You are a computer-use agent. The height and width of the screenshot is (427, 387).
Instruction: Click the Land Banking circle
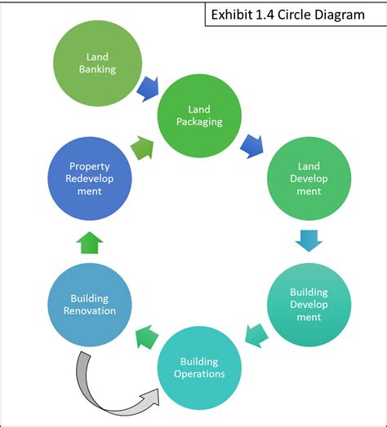(x=96, y=64)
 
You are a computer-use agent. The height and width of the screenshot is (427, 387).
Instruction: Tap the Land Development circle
(x=309, y=180)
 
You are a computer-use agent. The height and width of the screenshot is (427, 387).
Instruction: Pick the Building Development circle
(x=309, y=304)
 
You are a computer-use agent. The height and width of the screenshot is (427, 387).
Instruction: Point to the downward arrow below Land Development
(x=309, y=240)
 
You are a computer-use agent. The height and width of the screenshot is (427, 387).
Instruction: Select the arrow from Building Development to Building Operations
(x=256, y=333)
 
